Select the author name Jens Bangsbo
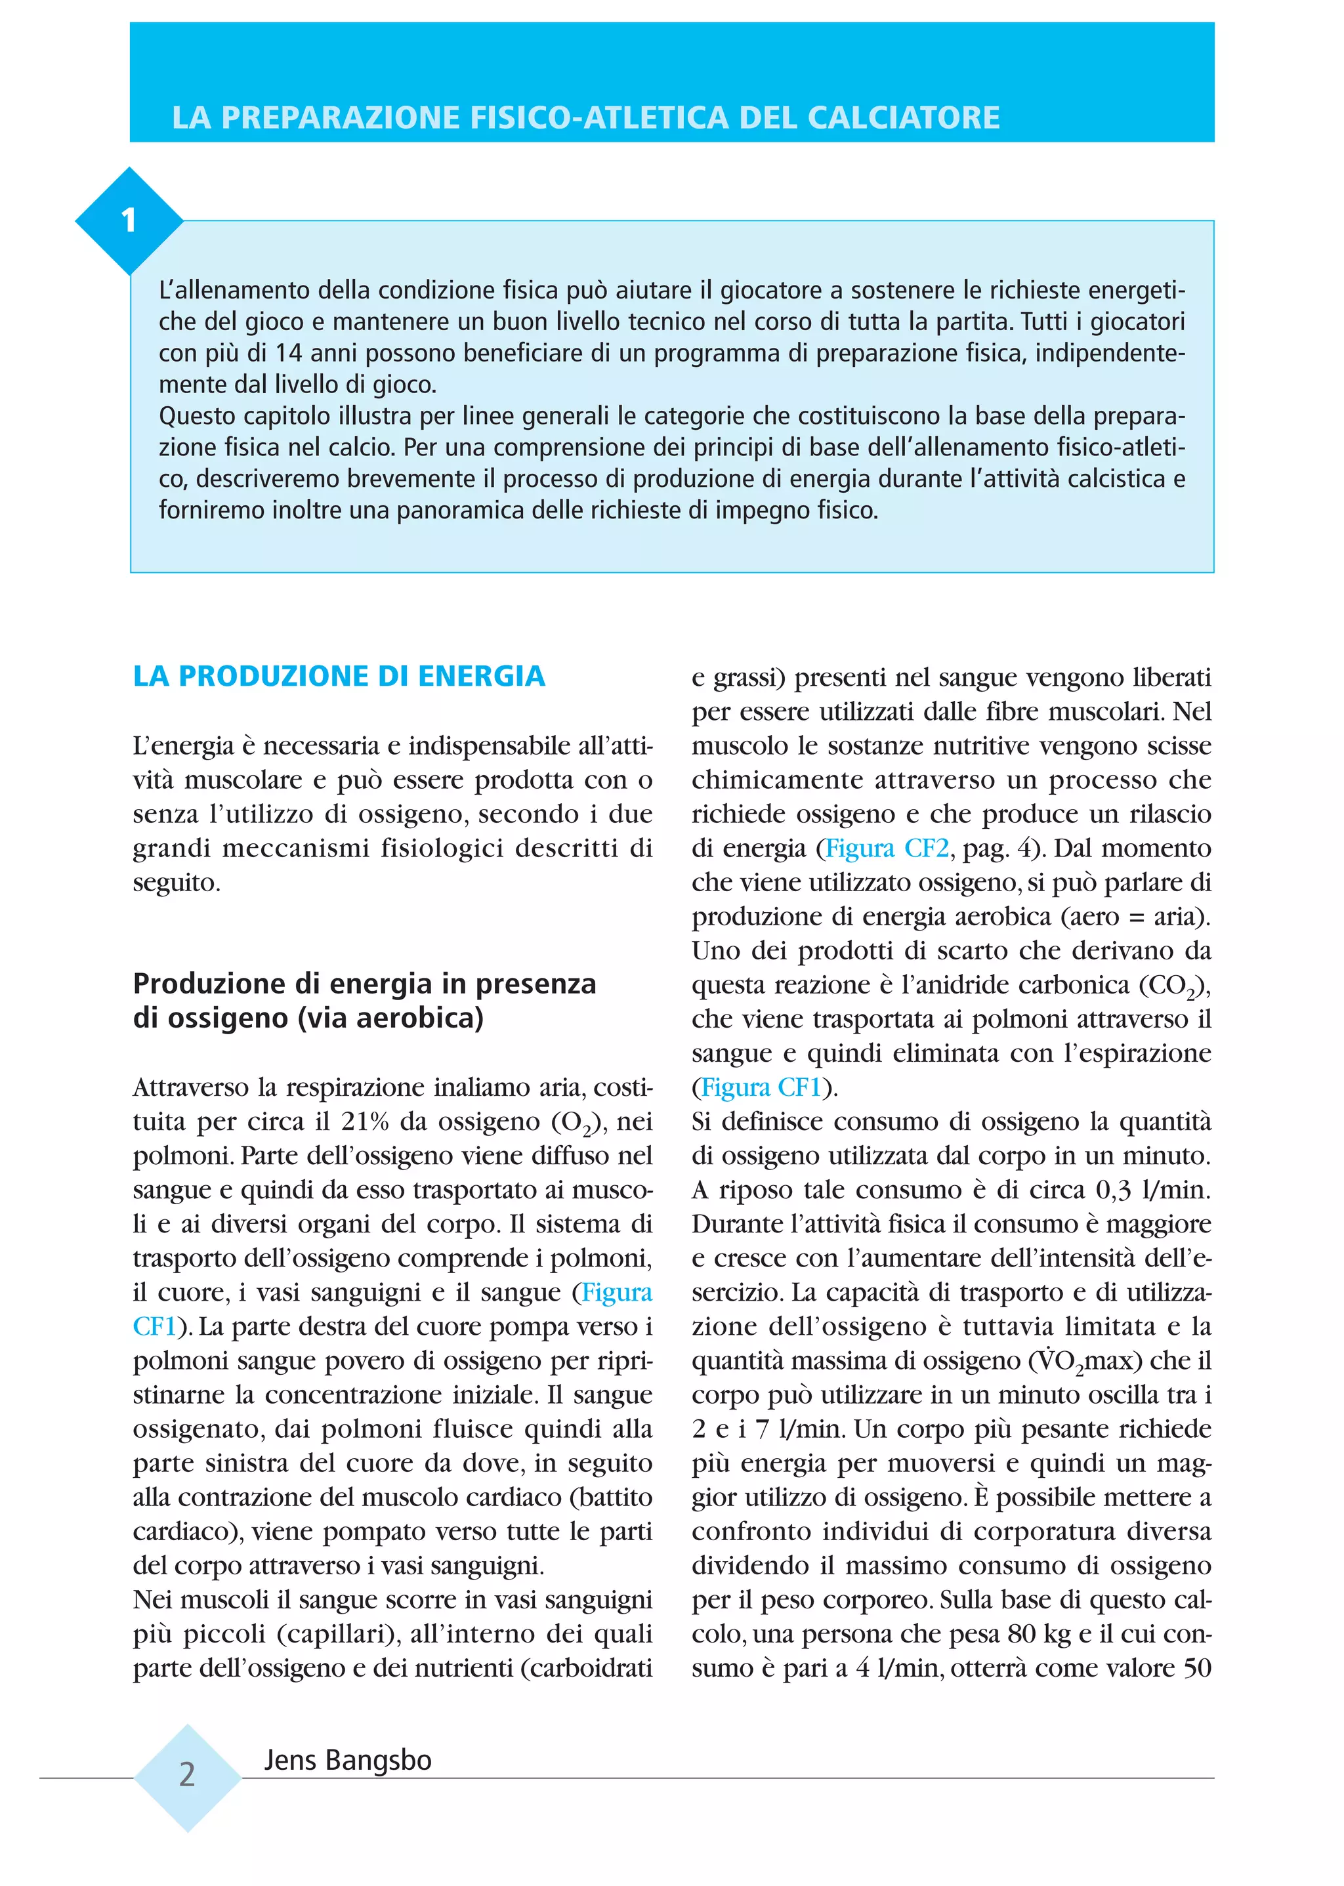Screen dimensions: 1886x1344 point(348,1759)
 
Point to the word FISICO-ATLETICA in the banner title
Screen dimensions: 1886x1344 point(598,117)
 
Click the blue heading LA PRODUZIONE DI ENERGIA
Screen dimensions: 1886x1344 point(339,676)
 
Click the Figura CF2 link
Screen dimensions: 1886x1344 point(887,849)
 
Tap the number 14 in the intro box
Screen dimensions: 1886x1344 point(289,353)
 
